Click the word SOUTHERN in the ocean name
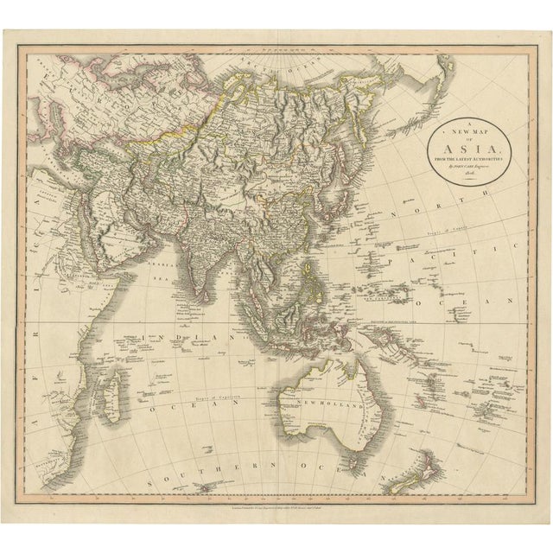click(x=207, y=484)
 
